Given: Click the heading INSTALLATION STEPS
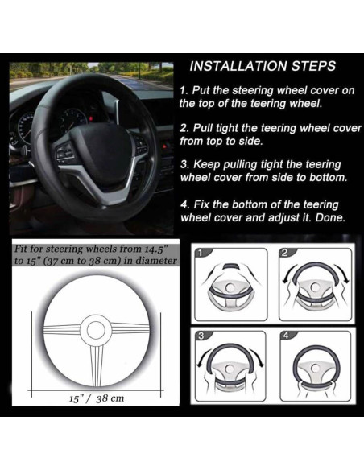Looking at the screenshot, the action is (x=263, y=66).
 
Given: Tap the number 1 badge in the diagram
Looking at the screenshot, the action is (x=201, y=254).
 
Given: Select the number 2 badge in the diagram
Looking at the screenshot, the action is (x=285, y=253).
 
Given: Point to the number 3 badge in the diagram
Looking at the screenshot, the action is (x=201, y=336).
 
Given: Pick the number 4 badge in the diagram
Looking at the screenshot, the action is (x=285, y=336).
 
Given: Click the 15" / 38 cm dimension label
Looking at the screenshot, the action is (x=97, y=398).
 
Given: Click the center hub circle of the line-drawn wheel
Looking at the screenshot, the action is (x=96, y=330).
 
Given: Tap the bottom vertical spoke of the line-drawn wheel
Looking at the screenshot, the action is (x=97, y=365).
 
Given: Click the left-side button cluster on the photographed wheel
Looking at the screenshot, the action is (x=64, y=151).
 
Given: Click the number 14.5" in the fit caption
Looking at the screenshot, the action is (x=156, y=249).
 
